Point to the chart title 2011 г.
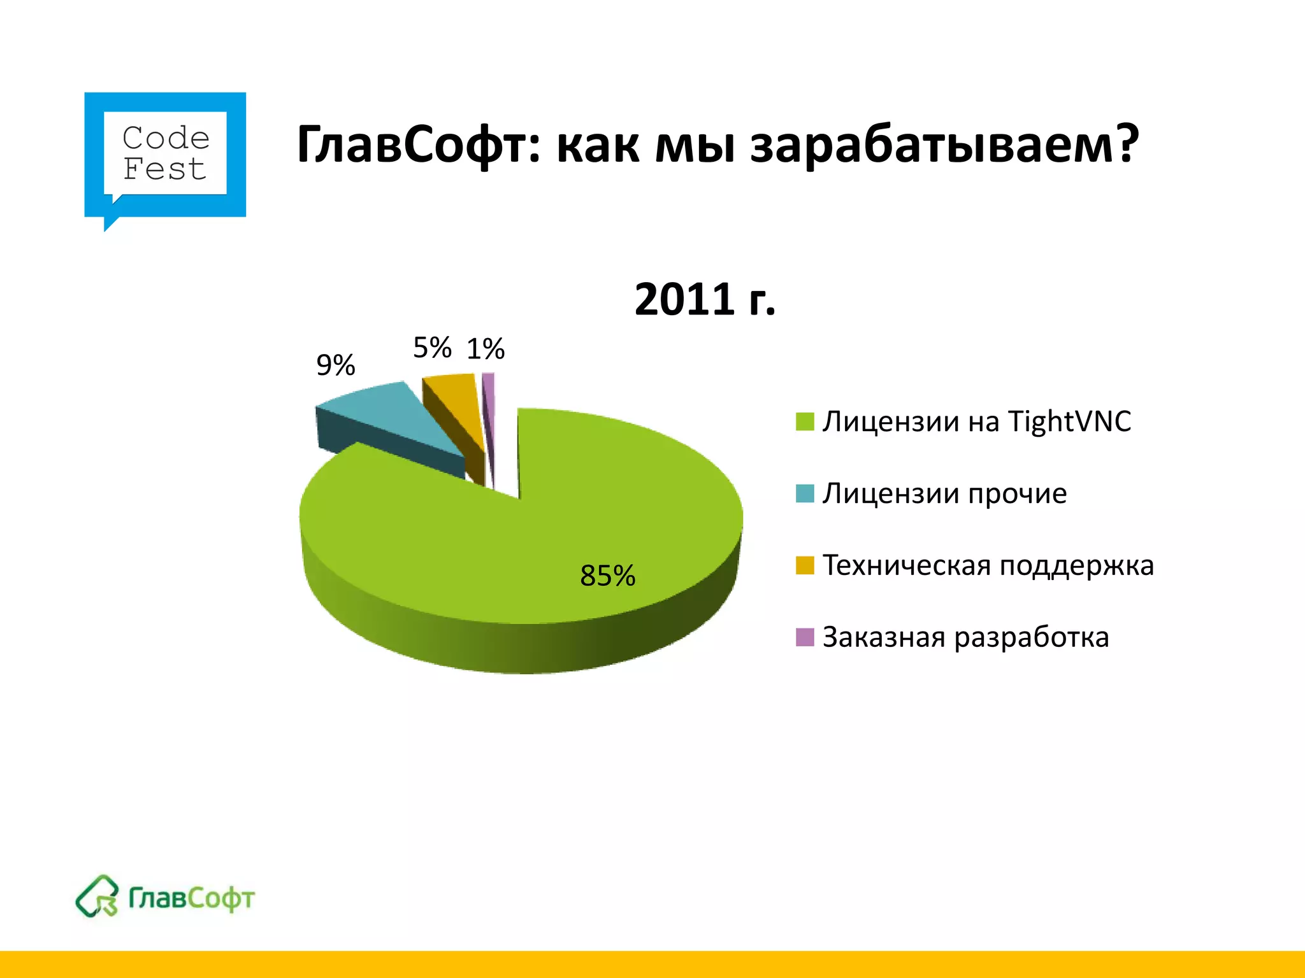tap(705, 299)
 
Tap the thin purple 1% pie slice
tap(489, 395)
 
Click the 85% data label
tap(607, 576)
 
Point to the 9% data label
tap(336, 365)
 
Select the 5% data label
tap(432, 348)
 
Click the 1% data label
tap(486, 349)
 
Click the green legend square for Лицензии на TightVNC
tap(805, 422)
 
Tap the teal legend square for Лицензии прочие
tap(805, 493)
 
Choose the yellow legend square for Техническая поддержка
tap(805, 565)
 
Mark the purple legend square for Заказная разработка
tap(805, 637)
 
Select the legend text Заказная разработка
tap(965, 637)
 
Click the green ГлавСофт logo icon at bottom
tap(97, 896)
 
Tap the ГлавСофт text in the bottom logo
tap(191, 898)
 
